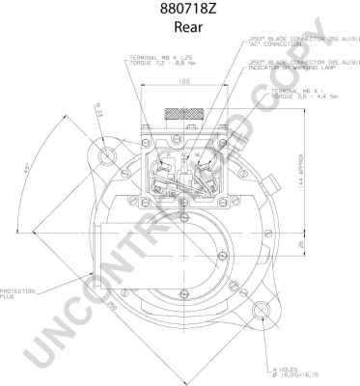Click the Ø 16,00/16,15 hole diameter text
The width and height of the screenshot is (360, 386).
(x=293, y=377)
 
